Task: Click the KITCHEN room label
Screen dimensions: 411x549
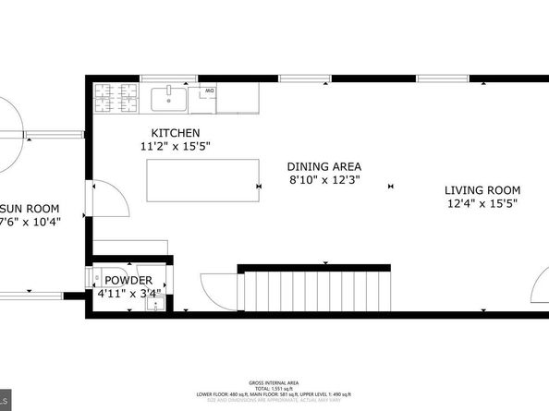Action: pyautogui.click(x=177, y=133)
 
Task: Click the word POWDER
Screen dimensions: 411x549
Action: pyautogui.click(x=128, y=281)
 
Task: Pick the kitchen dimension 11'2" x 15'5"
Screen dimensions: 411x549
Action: pyautogui.click(x=177, y=147)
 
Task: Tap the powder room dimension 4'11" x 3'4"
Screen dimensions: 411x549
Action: pyautogui.click(x=128, y=295)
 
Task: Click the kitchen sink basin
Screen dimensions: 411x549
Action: pyautogui.click(x=170, y=96)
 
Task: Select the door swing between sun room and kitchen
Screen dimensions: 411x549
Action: pyautogui.click(x=103, y=198)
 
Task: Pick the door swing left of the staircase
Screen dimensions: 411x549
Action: pyautogui.click(x=216, y=291)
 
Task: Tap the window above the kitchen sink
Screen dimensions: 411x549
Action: pyautogui.click(x=169, y=79)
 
